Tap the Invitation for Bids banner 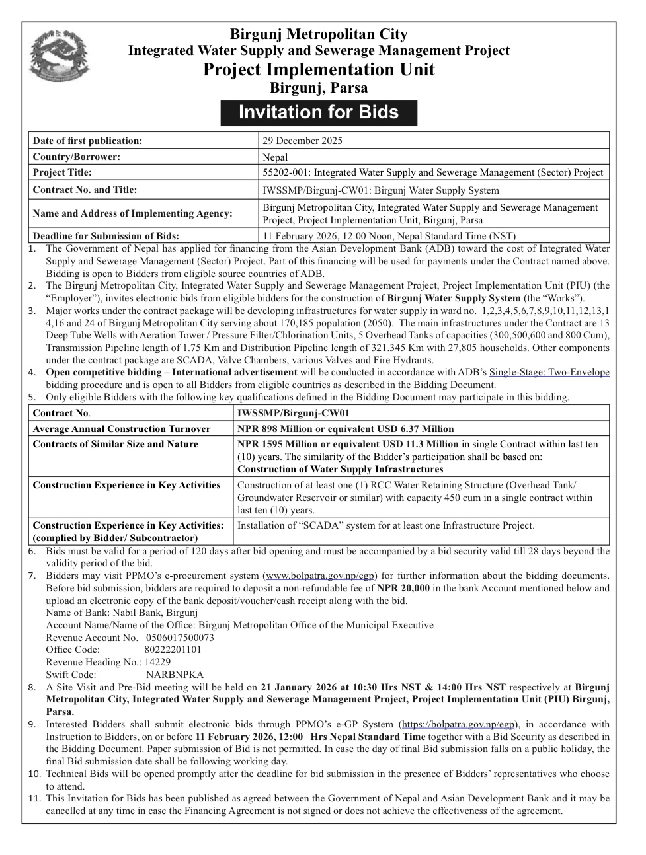(x=319, y=112)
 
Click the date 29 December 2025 (x=302, y=141)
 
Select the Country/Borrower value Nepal (x=275, y=157)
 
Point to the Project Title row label (x=62, y=172)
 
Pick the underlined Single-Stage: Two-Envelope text (x=549, y=372)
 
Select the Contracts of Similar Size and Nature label (x=115, y=444)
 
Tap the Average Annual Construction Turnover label (x=122, y=429)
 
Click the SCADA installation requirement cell (x=385, y=526)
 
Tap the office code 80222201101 (x=173, y=650)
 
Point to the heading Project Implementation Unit (x=319, y=69)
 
